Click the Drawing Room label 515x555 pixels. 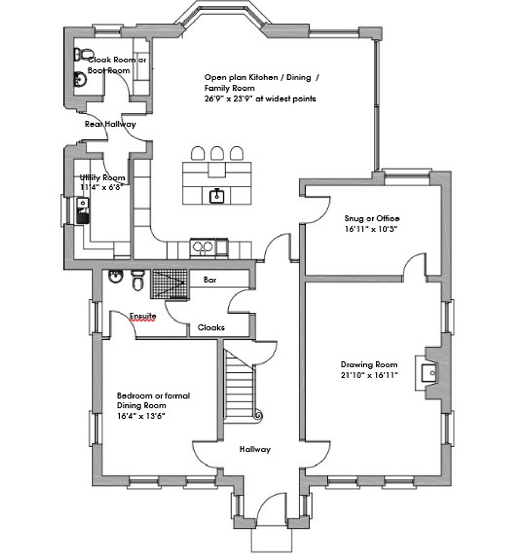369,364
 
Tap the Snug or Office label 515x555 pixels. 371,218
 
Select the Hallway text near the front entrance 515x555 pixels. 255,449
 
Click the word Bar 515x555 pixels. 210,280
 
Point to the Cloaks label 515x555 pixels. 211,327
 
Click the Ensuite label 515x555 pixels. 143,316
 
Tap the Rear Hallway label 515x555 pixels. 110,124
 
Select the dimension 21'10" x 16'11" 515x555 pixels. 369,375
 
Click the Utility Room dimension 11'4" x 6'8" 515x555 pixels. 102,187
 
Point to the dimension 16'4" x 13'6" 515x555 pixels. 141,416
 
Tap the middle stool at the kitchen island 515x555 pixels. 217,153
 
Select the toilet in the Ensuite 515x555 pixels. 138,280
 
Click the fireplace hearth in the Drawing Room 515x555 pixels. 429,373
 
